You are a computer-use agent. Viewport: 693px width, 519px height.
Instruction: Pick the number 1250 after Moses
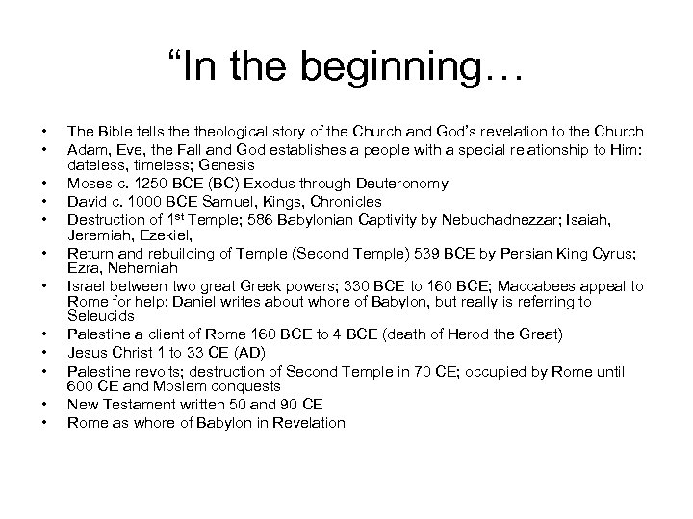tap(139, 183)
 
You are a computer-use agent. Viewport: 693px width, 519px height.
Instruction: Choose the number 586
tap(230, 220)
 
